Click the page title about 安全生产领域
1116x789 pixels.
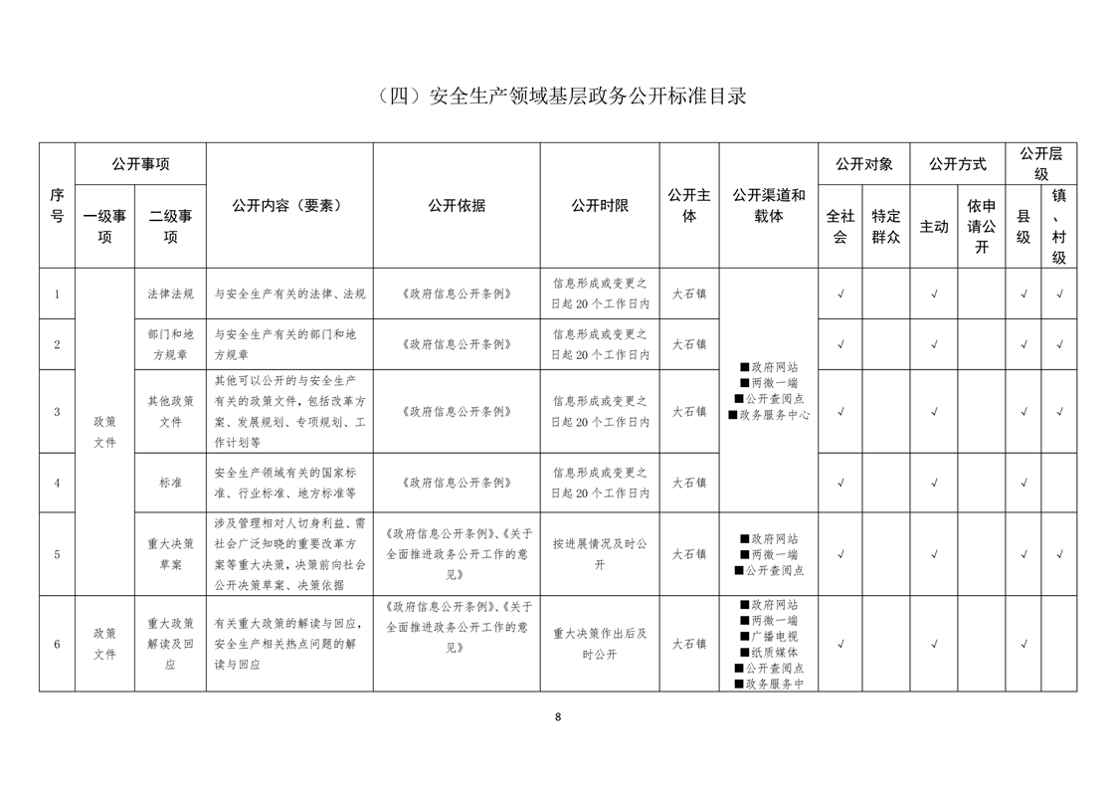[558, 97]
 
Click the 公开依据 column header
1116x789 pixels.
[457, 205]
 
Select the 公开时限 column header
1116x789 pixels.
[600, 205]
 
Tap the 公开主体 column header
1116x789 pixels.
[688, 205]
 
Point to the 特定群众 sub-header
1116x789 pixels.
[885, 226]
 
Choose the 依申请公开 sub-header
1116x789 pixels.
[982, 226]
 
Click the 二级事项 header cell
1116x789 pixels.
[170, 226]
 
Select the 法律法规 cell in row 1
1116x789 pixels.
[170, 294]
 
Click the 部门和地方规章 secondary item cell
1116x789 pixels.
[170, 344]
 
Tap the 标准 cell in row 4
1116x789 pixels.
[170, 483]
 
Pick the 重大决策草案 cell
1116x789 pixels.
[170, 554]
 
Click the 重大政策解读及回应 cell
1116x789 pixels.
[170, 644]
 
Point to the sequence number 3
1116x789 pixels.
[57, 411]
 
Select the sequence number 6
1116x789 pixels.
[57, 644]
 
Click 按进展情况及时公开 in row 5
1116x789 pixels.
[600, 554]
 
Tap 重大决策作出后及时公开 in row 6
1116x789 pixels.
[600, 644]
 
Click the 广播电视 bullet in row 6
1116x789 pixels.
[769, 636]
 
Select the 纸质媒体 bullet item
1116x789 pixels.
[769, 652]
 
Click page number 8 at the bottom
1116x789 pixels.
[558, 716]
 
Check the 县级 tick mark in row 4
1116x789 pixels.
[1023, 483]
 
